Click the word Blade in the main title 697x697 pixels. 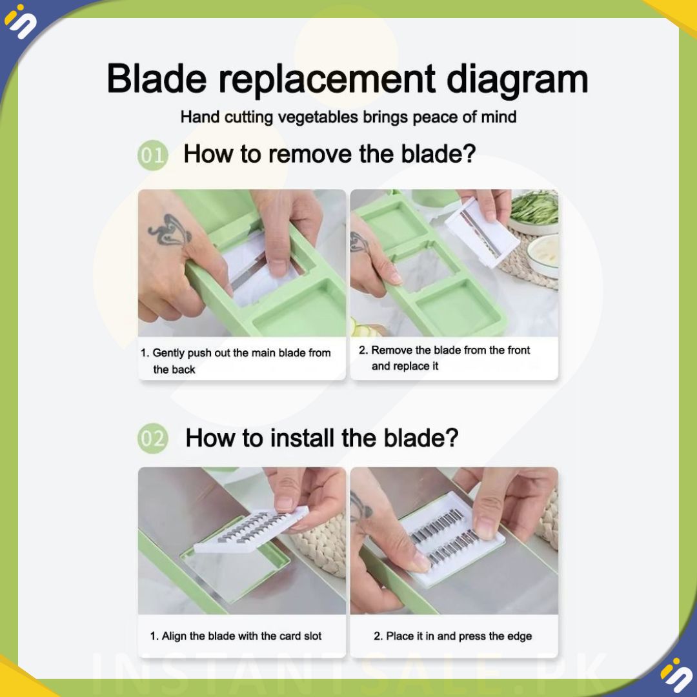pyautogui.click(x=156, y=79)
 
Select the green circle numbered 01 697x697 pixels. pyautogui.click(x=152, y=155)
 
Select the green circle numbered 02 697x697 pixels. pyautogui.click(x=152, y=438)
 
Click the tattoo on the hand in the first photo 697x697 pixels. pyautogui.click(x=170, y=230)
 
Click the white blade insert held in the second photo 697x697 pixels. pyautogui.click(x=481, y=232)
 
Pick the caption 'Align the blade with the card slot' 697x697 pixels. pyautogui.click(x=236, y=636)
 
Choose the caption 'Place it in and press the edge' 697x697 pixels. pyautogui.click(x=452, y=636)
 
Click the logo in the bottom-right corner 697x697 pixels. pyautogui.click(x=676, y=675)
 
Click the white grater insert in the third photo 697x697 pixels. pyautogui.click(x=251, y=531)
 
